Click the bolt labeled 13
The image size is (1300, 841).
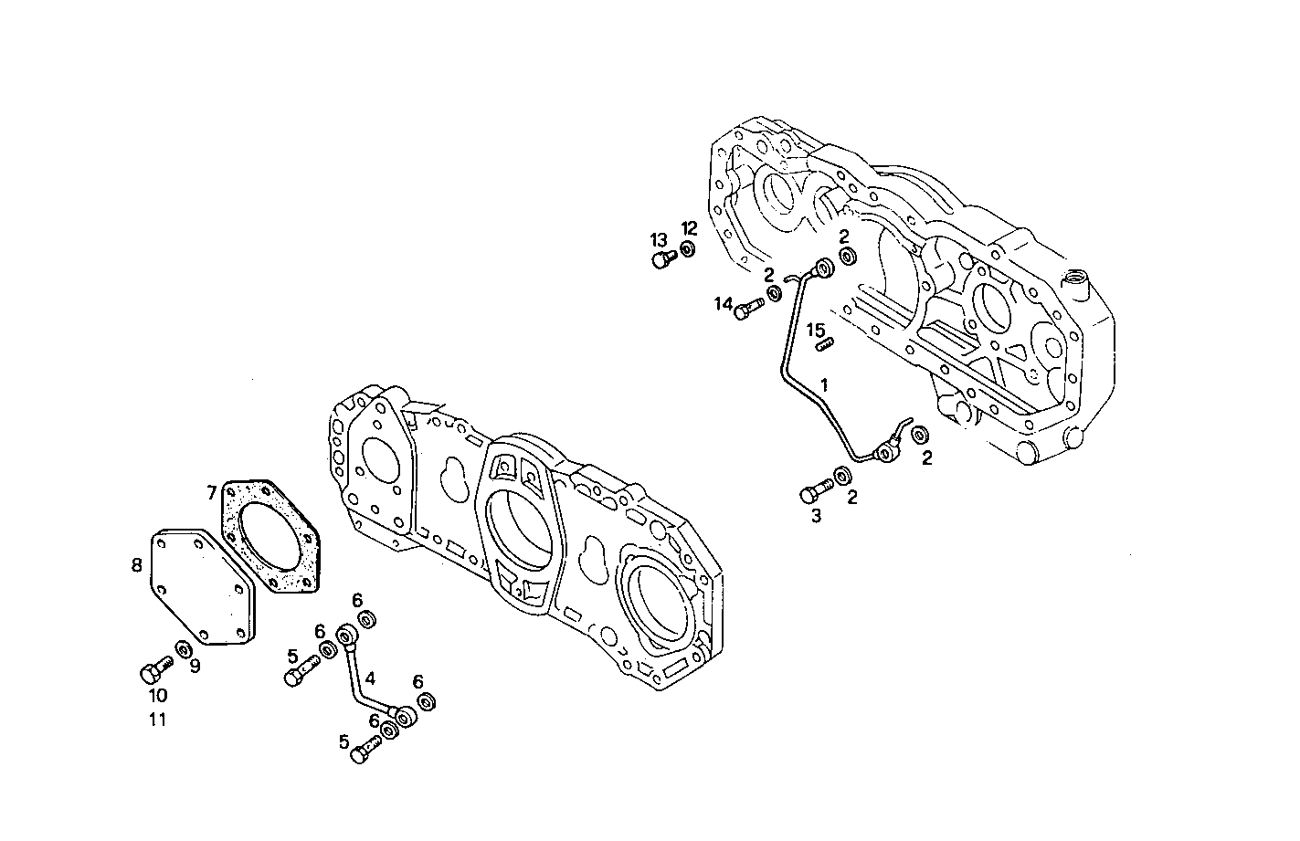[663, 260]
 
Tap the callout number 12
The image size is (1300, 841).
[689, 227]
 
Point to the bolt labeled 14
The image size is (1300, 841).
[748, 309]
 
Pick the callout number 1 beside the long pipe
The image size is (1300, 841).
[824, 384]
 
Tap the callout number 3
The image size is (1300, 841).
[816, 516]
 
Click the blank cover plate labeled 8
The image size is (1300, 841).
[202, 584]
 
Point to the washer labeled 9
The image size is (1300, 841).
[183, 649]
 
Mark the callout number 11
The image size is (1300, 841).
[157, 720]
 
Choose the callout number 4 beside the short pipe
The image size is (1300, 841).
[370, 678]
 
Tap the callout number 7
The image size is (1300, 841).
[211, 493]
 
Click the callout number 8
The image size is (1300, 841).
[136, 565]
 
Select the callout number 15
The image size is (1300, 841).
[815, 329]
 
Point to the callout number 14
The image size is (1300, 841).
[724, 304]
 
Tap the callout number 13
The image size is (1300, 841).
[659, 239]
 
